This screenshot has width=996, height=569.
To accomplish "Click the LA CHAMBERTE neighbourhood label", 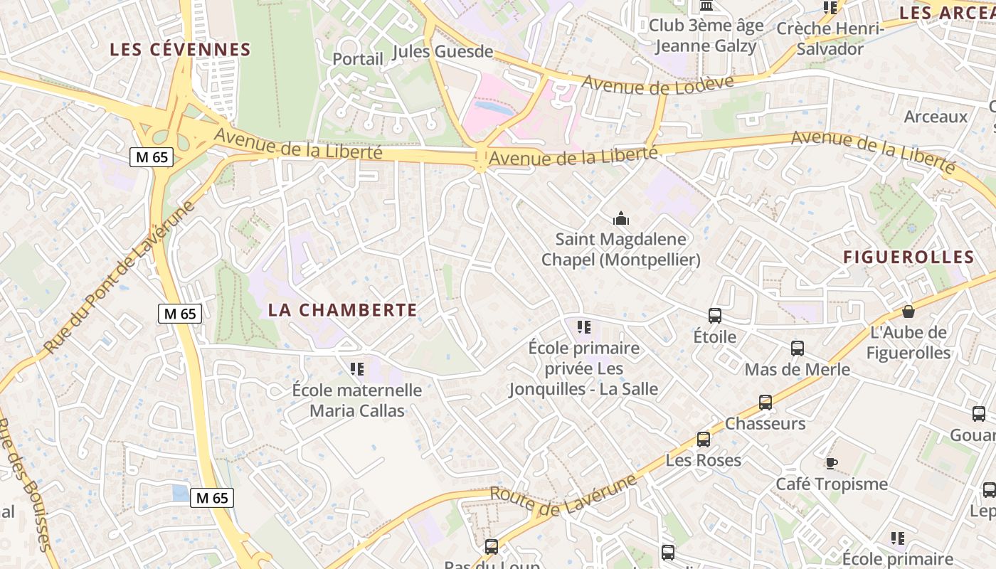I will pos(342,310).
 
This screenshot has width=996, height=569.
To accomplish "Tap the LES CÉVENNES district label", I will pos(180,50).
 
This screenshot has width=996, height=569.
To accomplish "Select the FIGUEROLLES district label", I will pos(908,257).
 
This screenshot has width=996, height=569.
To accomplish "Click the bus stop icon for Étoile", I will pos(715,316).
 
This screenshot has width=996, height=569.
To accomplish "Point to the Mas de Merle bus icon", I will pos(798,349).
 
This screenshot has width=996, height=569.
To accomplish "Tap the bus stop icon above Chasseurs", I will pos(765,403).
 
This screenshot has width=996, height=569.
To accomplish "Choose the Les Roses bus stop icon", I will pos(704,440).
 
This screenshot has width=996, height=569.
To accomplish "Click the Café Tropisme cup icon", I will pos(831,464).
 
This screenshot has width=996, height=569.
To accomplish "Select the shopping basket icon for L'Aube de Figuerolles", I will pos(908,312).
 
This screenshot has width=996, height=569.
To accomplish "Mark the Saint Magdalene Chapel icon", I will pos(621,218).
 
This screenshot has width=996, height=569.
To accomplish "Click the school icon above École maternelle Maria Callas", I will pos(357,368).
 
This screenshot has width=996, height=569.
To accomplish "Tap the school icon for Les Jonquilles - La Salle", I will pos(584,327).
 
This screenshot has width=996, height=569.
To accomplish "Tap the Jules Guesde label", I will pos(443,51).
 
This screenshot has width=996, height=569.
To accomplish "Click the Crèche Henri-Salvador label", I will pos(830,38).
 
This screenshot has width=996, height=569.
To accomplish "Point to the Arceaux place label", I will pos(936,117).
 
